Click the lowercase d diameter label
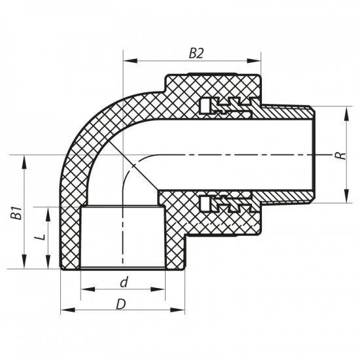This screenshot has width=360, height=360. [122, 282]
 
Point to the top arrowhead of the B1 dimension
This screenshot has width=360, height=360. [25, 160]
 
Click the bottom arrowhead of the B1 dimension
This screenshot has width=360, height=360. [25, 264]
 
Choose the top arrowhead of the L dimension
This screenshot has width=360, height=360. [49, 211]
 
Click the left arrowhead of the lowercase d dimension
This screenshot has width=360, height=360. [84, 289]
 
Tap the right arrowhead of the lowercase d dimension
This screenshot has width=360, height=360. [161, 289]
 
